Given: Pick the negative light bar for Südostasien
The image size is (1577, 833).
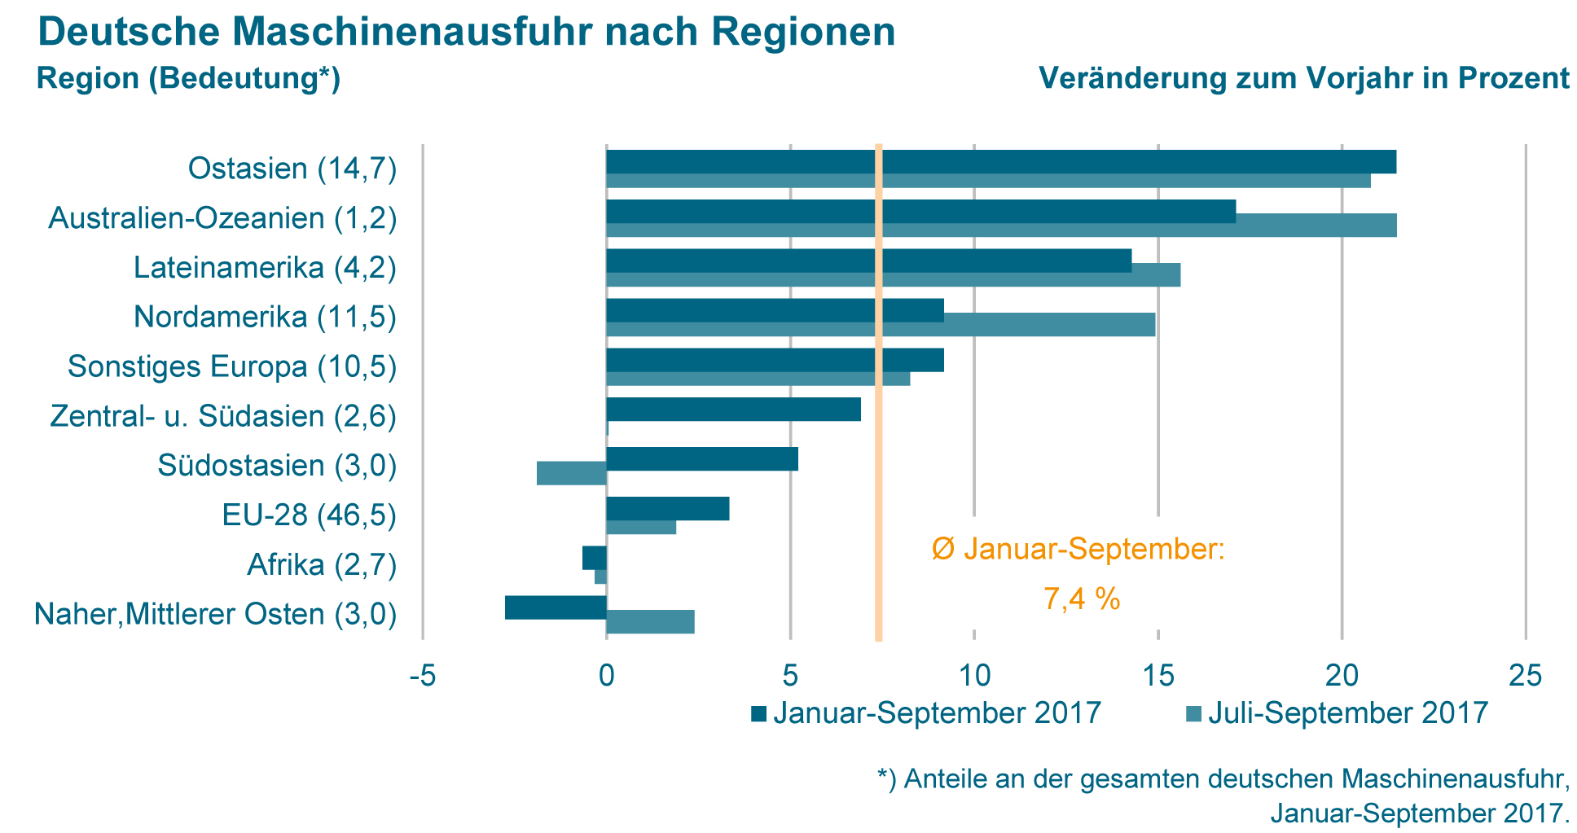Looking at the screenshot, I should coord(571,473).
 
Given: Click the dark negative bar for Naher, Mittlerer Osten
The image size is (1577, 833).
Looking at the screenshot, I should coord(556,607).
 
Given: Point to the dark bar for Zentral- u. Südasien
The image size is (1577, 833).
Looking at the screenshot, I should coord(733,409).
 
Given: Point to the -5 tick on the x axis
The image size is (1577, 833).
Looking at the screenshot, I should coord(422,675).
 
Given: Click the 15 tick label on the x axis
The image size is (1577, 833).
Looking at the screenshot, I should coord(1157,675).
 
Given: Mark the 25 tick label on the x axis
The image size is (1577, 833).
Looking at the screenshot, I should coord(1525,675).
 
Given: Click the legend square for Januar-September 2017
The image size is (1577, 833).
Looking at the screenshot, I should coord(758,714).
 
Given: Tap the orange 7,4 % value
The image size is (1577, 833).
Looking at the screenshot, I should coord(1081,599).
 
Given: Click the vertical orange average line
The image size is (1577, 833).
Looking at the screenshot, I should coord(879,489).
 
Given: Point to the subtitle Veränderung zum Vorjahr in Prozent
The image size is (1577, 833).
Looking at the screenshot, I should coord(1303,79).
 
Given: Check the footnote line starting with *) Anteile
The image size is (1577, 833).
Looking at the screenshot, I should coord(1222,779).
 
